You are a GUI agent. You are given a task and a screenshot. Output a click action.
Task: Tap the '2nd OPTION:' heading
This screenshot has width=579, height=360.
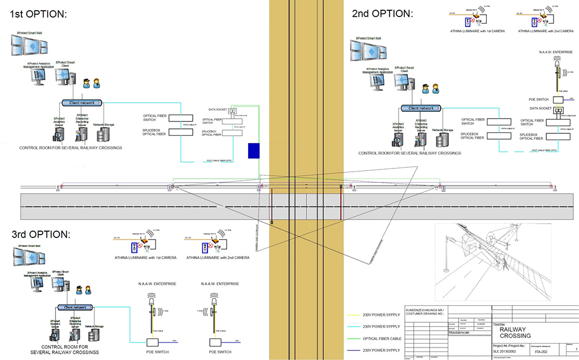click(x=382, y=13)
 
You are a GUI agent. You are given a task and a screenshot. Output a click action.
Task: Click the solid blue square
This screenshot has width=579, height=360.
click(x=254, y=150)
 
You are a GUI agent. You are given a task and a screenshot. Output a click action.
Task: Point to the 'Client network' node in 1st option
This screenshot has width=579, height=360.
click(x=83, y=102)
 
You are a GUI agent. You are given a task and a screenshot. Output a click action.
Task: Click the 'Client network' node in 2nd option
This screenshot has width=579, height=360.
click(x=419, y=108)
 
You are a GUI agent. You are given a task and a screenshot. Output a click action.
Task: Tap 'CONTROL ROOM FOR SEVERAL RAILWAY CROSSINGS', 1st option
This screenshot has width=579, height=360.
click(x=71, y=148)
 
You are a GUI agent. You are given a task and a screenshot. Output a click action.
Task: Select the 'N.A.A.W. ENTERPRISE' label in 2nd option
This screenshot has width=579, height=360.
click(x=556, y=52)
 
